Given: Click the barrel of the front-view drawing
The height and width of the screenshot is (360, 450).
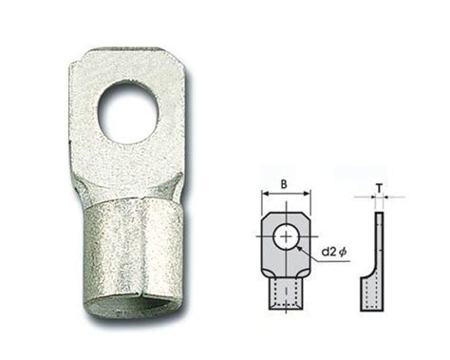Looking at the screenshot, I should point(286,295).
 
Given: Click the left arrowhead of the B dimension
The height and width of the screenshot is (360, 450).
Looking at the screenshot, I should point(265,194).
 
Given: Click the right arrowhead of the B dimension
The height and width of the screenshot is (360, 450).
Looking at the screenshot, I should point(309,194).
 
